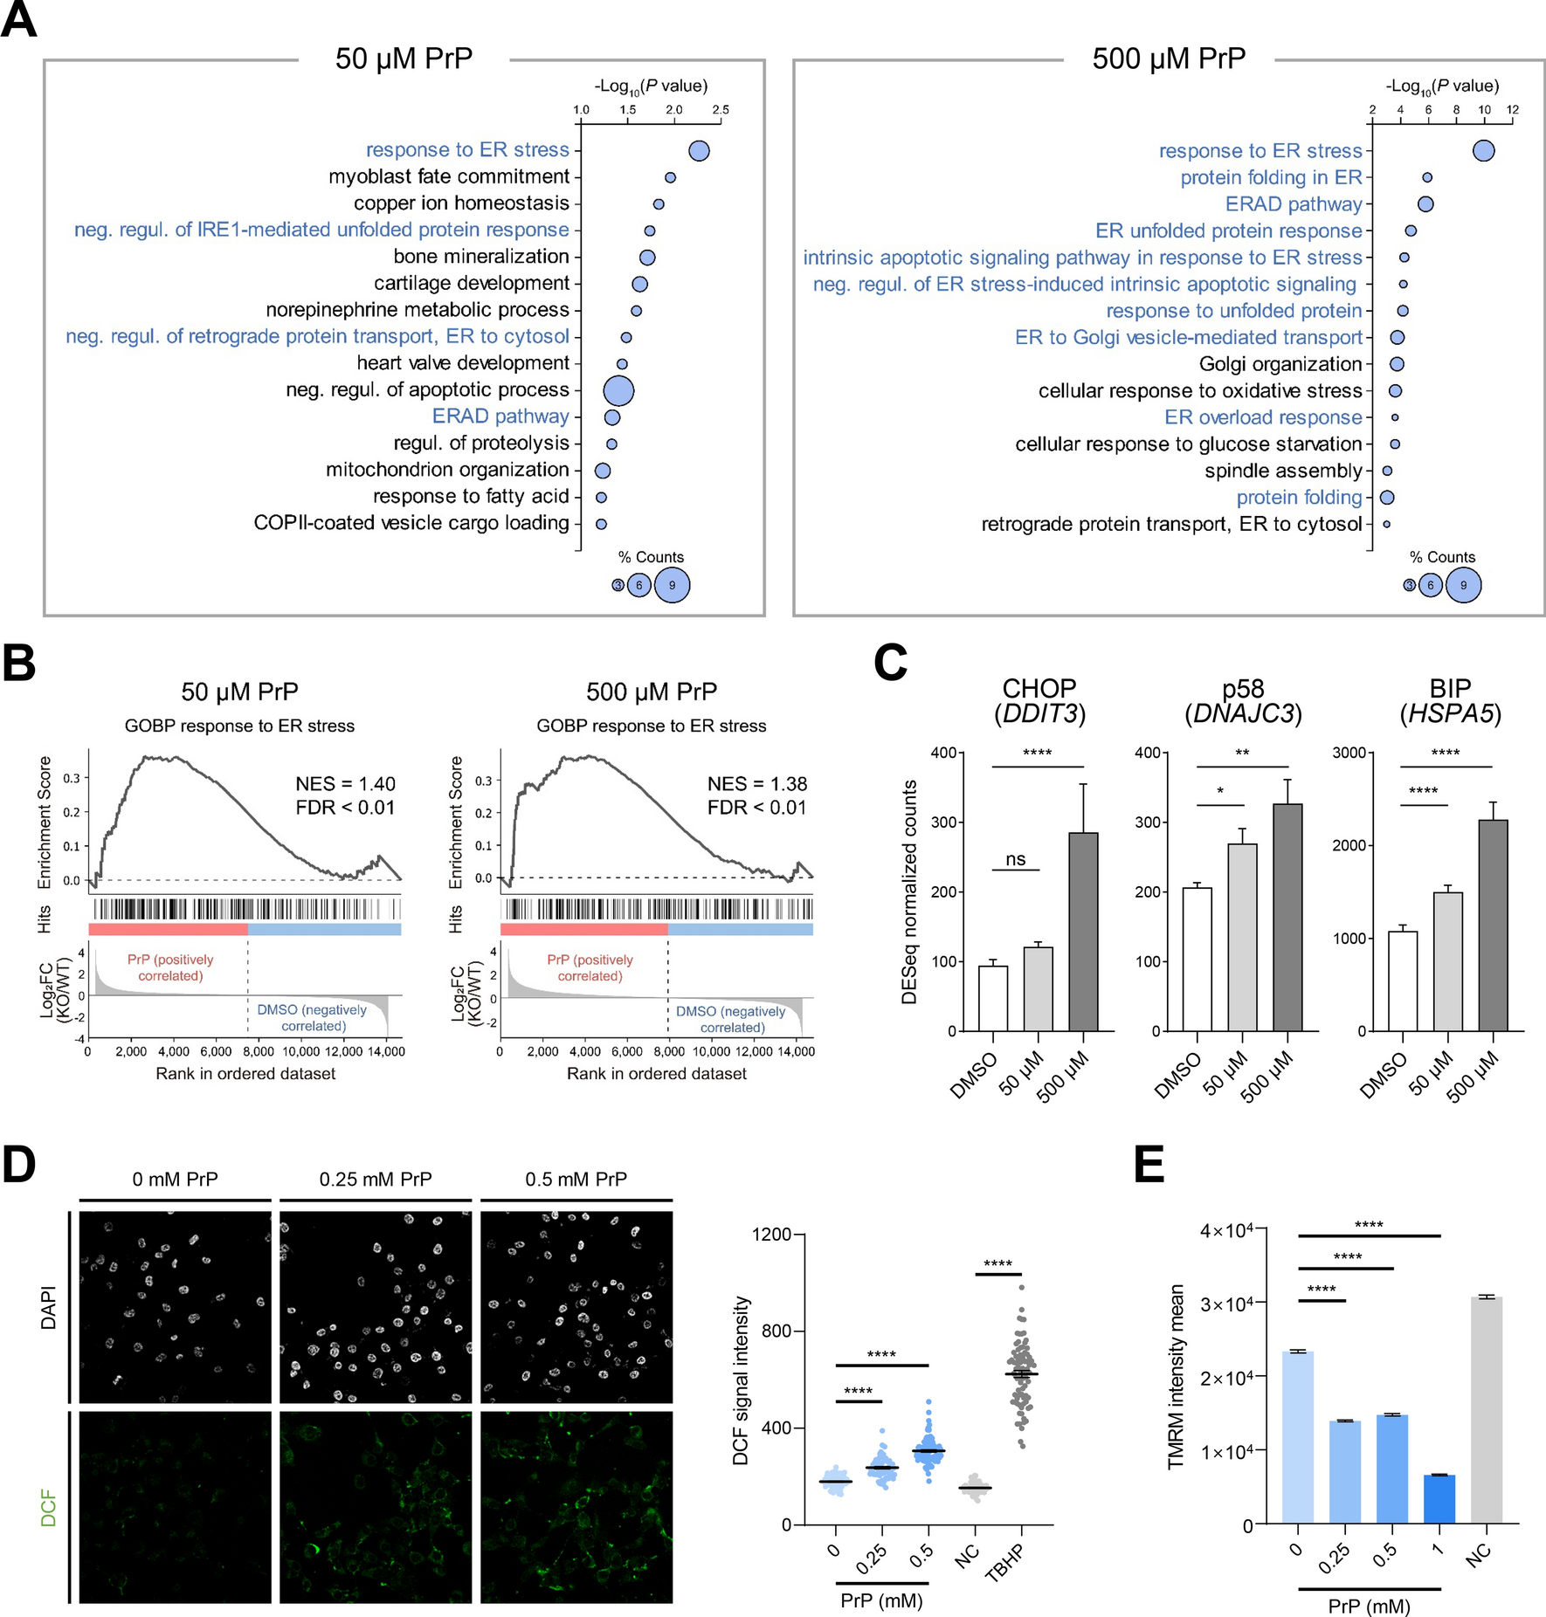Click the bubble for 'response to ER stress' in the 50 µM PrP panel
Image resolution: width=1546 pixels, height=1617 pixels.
pos(699,151)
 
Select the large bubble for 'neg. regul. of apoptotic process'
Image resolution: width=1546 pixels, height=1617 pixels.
pos(618,390)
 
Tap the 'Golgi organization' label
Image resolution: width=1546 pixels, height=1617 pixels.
pos(1280,364)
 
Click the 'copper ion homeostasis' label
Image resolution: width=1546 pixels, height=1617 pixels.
pos(461,203)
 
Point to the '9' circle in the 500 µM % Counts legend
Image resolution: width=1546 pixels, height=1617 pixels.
pos(1463,585)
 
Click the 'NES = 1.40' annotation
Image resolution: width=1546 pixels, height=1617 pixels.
pos(345,784)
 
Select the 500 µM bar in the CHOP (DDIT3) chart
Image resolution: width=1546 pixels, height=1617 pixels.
pos(1083,931)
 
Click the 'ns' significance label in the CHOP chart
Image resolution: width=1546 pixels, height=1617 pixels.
pos(1015,859)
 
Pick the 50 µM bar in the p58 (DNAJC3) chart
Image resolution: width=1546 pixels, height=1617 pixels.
pos(1242,937)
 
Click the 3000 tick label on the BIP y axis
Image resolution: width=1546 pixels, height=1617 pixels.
pos(1349,753)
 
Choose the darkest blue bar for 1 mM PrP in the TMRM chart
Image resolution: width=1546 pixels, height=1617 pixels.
pos(1439,1498)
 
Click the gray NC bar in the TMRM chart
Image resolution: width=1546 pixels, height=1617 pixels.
pos(1487,1410)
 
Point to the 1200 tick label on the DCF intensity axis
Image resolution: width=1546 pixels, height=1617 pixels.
pos(771,1235)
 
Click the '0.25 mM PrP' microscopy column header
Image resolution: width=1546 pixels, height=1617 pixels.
pos(376,1180)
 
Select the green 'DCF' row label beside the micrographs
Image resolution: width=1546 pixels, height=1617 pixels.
pos(49,1508)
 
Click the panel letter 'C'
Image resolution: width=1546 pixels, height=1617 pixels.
pos(890,663)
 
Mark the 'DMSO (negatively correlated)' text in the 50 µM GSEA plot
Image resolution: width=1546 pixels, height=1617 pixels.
pos(312,1018)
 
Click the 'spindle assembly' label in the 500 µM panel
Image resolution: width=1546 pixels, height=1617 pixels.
pos(1283,471)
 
